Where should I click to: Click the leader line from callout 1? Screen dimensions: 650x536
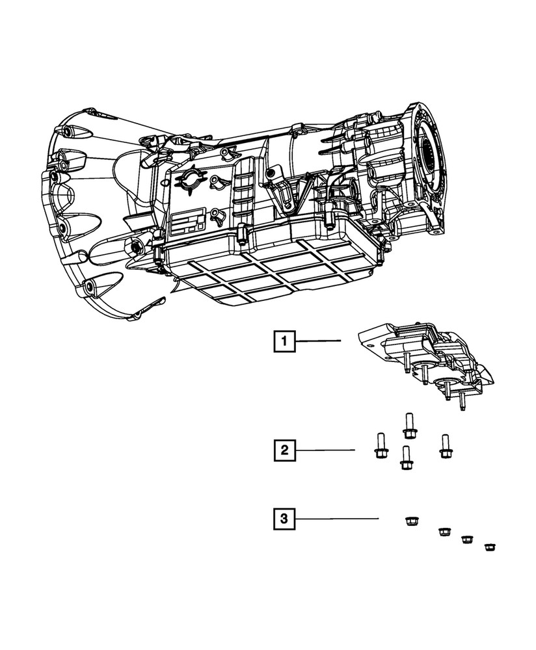tap(319, 341)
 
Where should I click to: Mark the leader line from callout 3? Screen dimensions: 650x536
tap(338, 518)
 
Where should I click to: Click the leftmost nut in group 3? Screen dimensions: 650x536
tap(410, 521)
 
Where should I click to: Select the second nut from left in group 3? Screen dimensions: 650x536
tap(444, 532)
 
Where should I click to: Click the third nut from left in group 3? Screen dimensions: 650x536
tap(467, 539)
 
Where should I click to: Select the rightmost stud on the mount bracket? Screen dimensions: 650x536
tap(462, 403)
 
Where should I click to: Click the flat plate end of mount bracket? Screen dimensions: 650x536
tap(372, 339)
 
